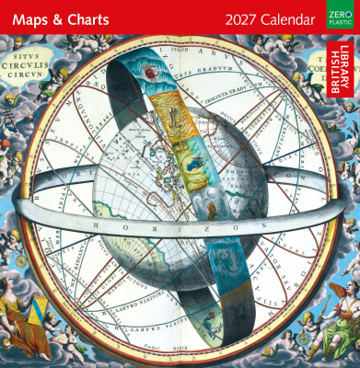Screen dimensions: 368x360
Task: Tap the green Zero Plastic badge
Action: [x=337, y=17]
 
